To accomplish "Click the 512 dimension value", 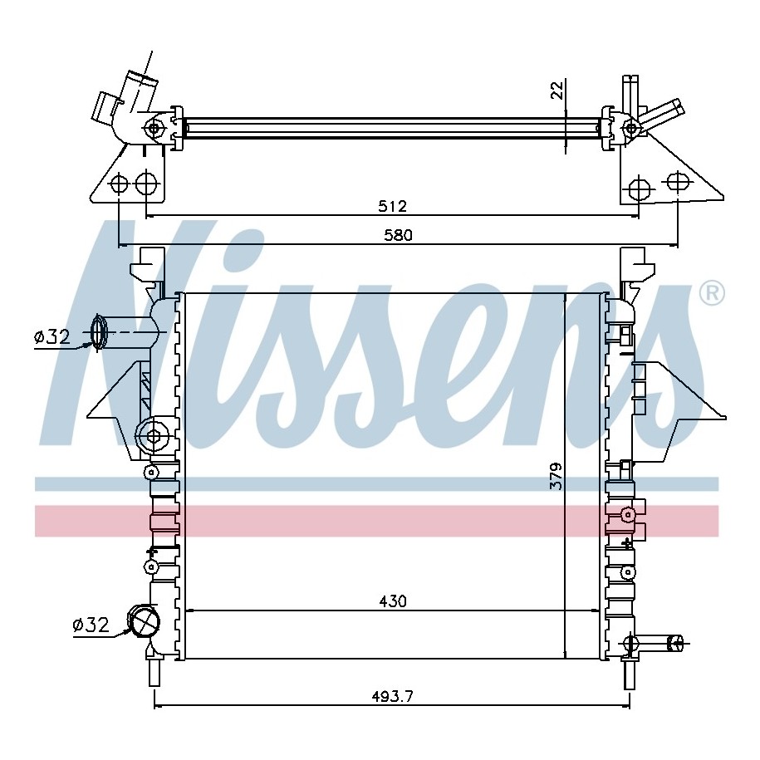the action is point(392,207).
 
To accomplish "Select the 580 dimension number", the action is point(398,236).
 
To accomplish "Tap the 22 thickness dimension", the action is point(558,91).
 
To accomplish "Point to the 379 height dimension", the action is point(557,476).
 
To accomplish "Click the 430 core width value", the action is point(393,601).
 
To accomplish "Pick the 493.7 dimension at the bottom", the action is point(392,697).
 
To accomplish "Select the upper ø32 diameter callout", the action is point(52,336).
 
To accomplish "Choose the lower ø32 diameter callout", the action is point(91,625).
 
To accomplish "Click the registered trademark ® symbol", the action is point(712,293).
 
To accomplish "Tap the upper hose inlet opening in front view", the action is point(98,332).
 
